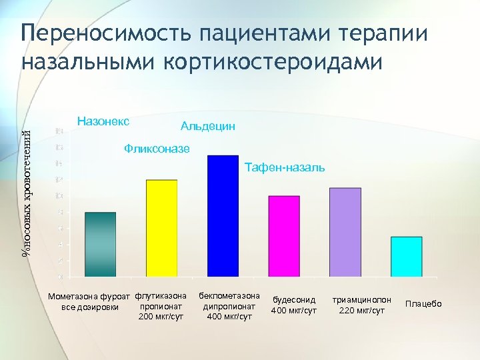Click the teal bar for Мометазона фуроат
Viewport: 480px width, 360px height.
[x=101, y=244]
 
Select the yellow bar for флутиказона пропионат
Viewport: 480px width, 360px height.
[x=161, y=228]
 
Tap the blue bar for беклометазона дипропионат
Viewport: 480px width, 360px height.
[x=223, y=215]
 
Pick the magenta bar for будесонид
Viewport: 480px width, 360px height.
[x=284, y=236]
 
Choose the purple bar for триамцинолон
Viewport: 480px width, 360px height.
[x=345, y=232]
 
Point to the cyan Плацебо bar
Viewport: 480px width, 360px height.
[x=406, y=256]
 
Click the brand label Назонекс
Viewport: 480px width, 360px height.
[x=103, y=121]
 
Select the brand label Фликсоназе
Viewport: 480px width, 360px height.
[x=157, y=148]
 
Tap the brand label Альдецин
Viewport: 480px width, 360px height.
[x=207, y=126]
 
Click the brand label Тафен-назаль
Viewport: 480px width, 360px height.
[x=285, y=167]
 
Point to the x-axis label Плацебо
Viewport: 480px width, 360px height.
[x=423, y=304]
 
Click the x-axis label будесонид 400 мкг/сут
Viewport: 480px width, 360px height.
[x=293, y=305]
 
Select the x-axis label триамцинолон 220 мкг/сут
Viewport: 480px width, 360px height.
[x=362, y=305]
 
